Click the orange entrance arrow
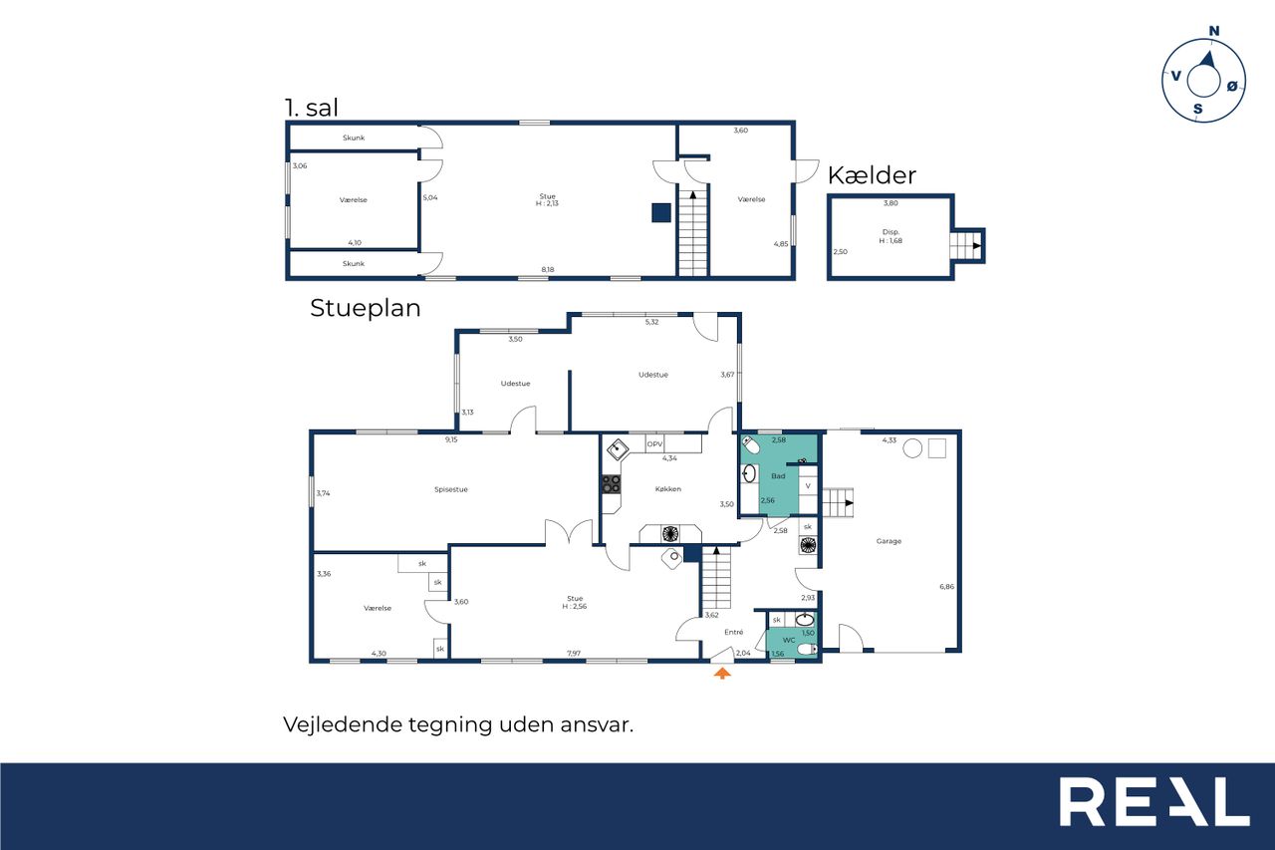click(x=722, y=674)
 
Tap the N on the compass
click(x=1214, y=31)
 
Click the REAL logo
click(x=1154, y=802)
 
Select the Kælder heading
click(x=872, y=175)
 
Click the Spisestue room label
click(x=451, y=489)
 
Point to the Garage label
click(x=889, y=541)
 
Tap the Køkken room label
click(x=667, y=489)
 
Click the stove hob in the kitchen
click(x=612, y=484)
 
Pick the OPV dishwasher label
click(x=654, y=444)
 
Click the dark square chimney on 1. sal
click(x=660, y=213)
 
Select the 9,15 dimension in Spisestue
click(x=451, y=439)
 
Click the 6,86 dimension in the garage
click(x=946, y=586)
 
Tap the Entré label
click(x=734, y=632)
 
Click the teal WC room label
click(x=789, y=641)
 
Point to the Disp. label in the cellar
click(x=891, y=232)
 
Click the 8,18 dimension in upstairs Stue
click(x=548, y=270)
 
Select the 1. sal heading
click(x=312, y=108)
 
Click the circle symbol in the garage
click(x=912, y=448)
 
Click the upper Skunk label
click(x=354, y=138)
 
